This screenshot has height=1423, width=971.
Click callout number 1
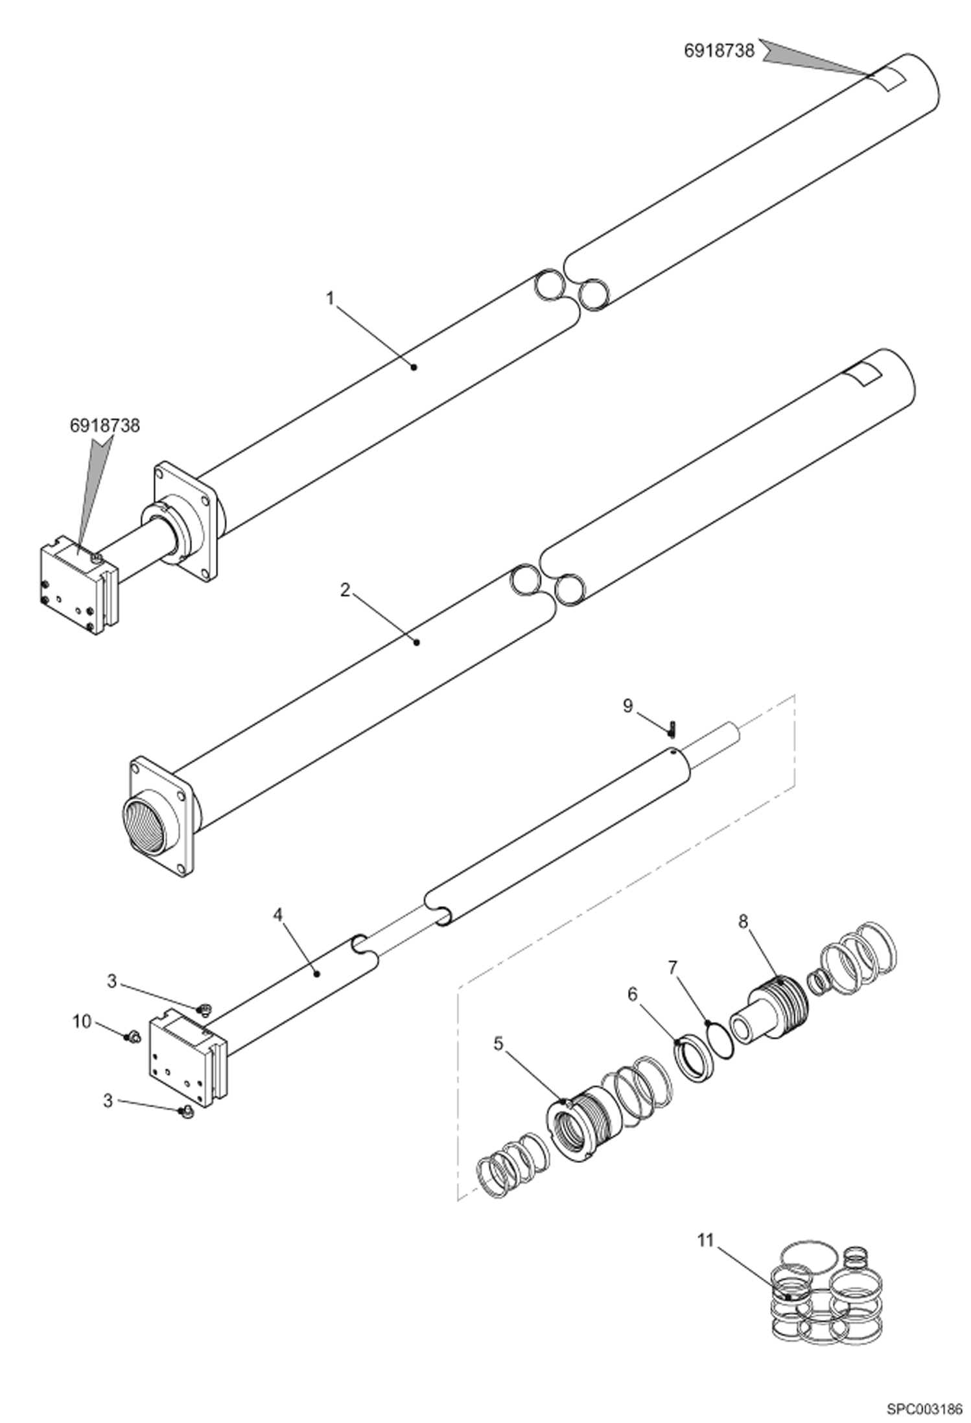[x=330, y=299]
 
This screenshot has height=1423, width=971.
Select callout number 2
[x=345, y=590]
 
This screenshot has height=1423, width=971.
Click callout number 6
[x=632, y=994]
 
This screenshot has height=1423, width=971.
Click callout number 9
[x=627, y=706]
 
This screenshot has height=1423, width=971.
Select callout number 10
[x=82, y=1022]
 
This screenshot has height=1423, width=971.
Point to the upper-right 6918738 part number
[x=719, y=51]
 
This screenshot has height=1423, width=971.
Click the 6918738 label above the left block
[x=105, y=425]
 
